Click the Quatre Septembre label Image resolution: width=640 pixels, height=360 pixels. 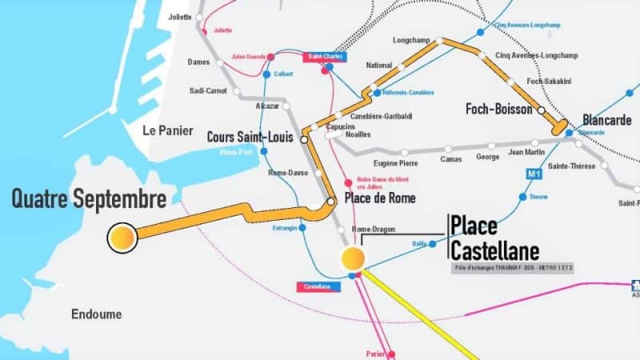click(89, 198)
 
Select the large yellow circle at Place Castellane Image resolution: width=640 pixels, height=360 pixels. click(353, 258)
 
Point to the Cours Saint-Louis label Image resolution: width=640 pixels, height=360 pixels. click(250, 138)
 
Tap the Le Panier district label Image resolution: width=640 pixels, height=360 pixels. click(164, 130)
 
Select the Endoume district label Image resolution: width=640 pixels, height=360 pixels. click(96, 314)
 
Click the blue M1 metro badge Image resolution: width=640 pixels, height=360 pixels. click(534, 174)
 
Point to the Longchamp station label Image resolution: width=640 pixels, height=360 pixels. click(412, 39)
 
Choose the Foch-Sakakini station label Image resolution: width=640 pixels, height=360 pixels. click(551, 82)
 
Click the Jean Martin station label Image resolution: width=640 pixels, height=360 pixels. click(526, 152)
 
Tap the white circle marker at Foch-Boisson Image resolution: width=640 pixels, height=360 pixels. click(542, 110)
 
